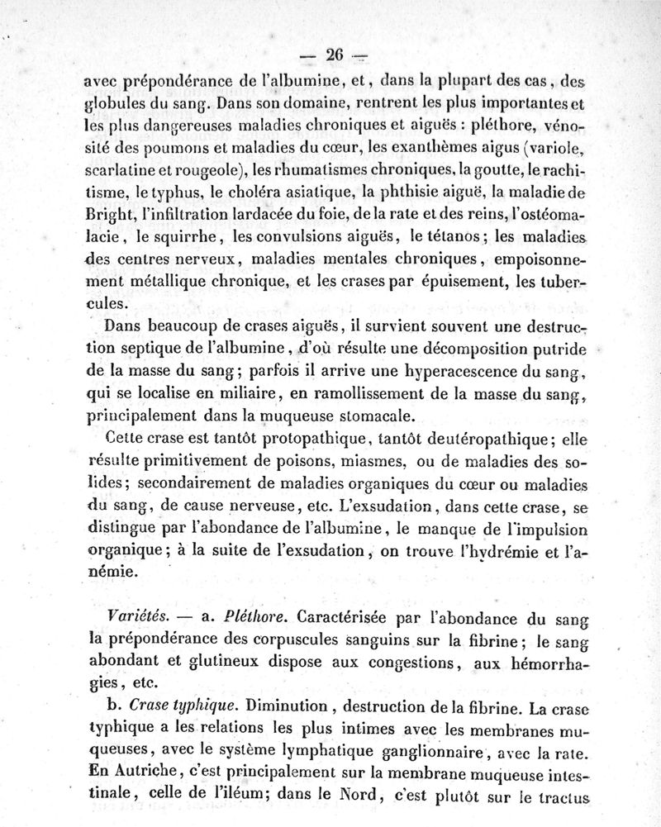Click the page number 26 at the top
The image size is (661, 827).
(x=335, y=55)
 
